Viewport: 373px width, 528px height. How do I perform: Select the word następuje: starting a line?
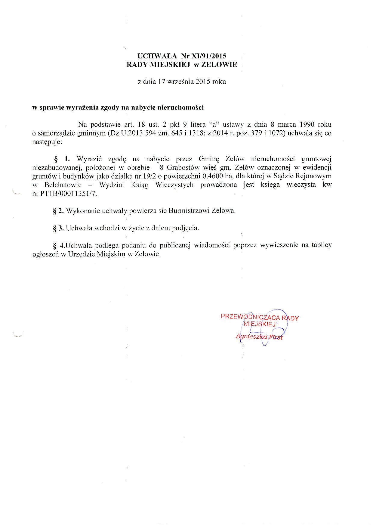pyautogui.click(x=47, y=142)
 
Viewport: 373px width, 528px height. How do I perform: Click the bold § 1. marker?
pyautogui.click(x=62, y=159)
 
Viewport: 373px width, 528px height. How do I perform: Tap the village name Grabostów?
pyautogui.click(x=183, y=167)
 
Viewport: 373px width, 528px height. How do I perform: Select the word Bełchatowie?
pyautogui.click(x=63, y=185)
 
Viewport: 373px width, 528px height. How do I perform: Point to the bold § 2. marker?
pyautogui.click(x=58, y=211)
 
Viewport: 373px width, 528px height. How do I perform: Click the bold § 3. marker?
pyautogui.click(x=58, y=228)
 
